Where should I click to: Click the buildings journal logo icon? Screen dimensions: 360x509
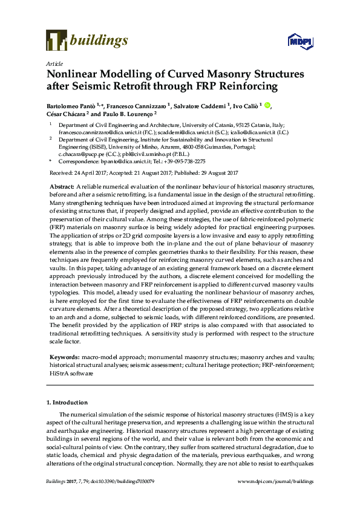56,40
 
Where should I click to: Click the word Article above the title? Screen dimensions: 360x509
52,63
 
